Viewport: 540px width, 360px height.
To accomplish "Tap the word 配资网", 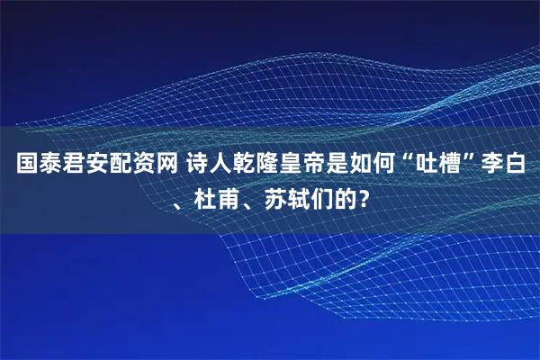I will [x=147, y=166].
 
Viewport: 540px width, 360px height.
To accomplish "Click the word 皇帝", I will [x=304, y=166].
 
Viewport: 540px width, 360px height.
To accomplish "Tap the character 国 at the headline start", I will [x=27, y=166].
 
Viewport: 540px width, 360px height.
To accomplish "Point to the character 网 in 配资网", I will [x=170, y=166].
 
